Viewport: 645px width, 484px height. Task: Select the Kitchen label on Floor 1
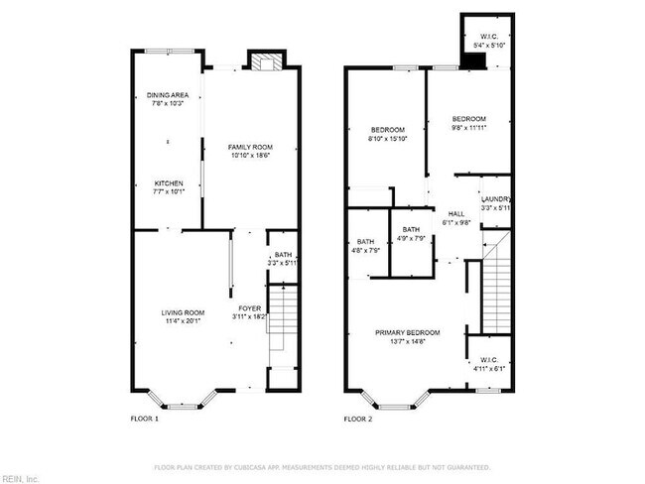pyautogui.click(x=168, y=187)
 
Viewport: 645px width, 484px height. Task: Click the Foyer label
pyautogui.click(x=249, y=311)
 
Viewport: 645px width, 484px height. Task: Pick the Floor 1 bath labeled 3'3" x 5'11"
pyautogui.click(x=284, y=259)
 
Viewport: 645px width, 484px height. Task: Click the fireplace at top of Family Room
pyautogui.click(x=264, y=61)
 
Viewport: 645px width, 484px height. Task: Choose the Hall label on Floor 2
pyautogui.click(x=455, y=218)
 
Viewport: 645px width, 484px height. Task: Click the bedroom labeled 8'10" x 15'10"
pyautogui.click(x=387, y=134)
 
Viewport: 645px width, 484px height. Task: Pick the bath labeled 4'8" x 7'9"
pyautogui.click(x=365, y=246)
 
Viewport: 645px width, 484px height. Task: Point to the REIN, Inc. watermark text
pyautogui.click(x=20, y=478)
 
